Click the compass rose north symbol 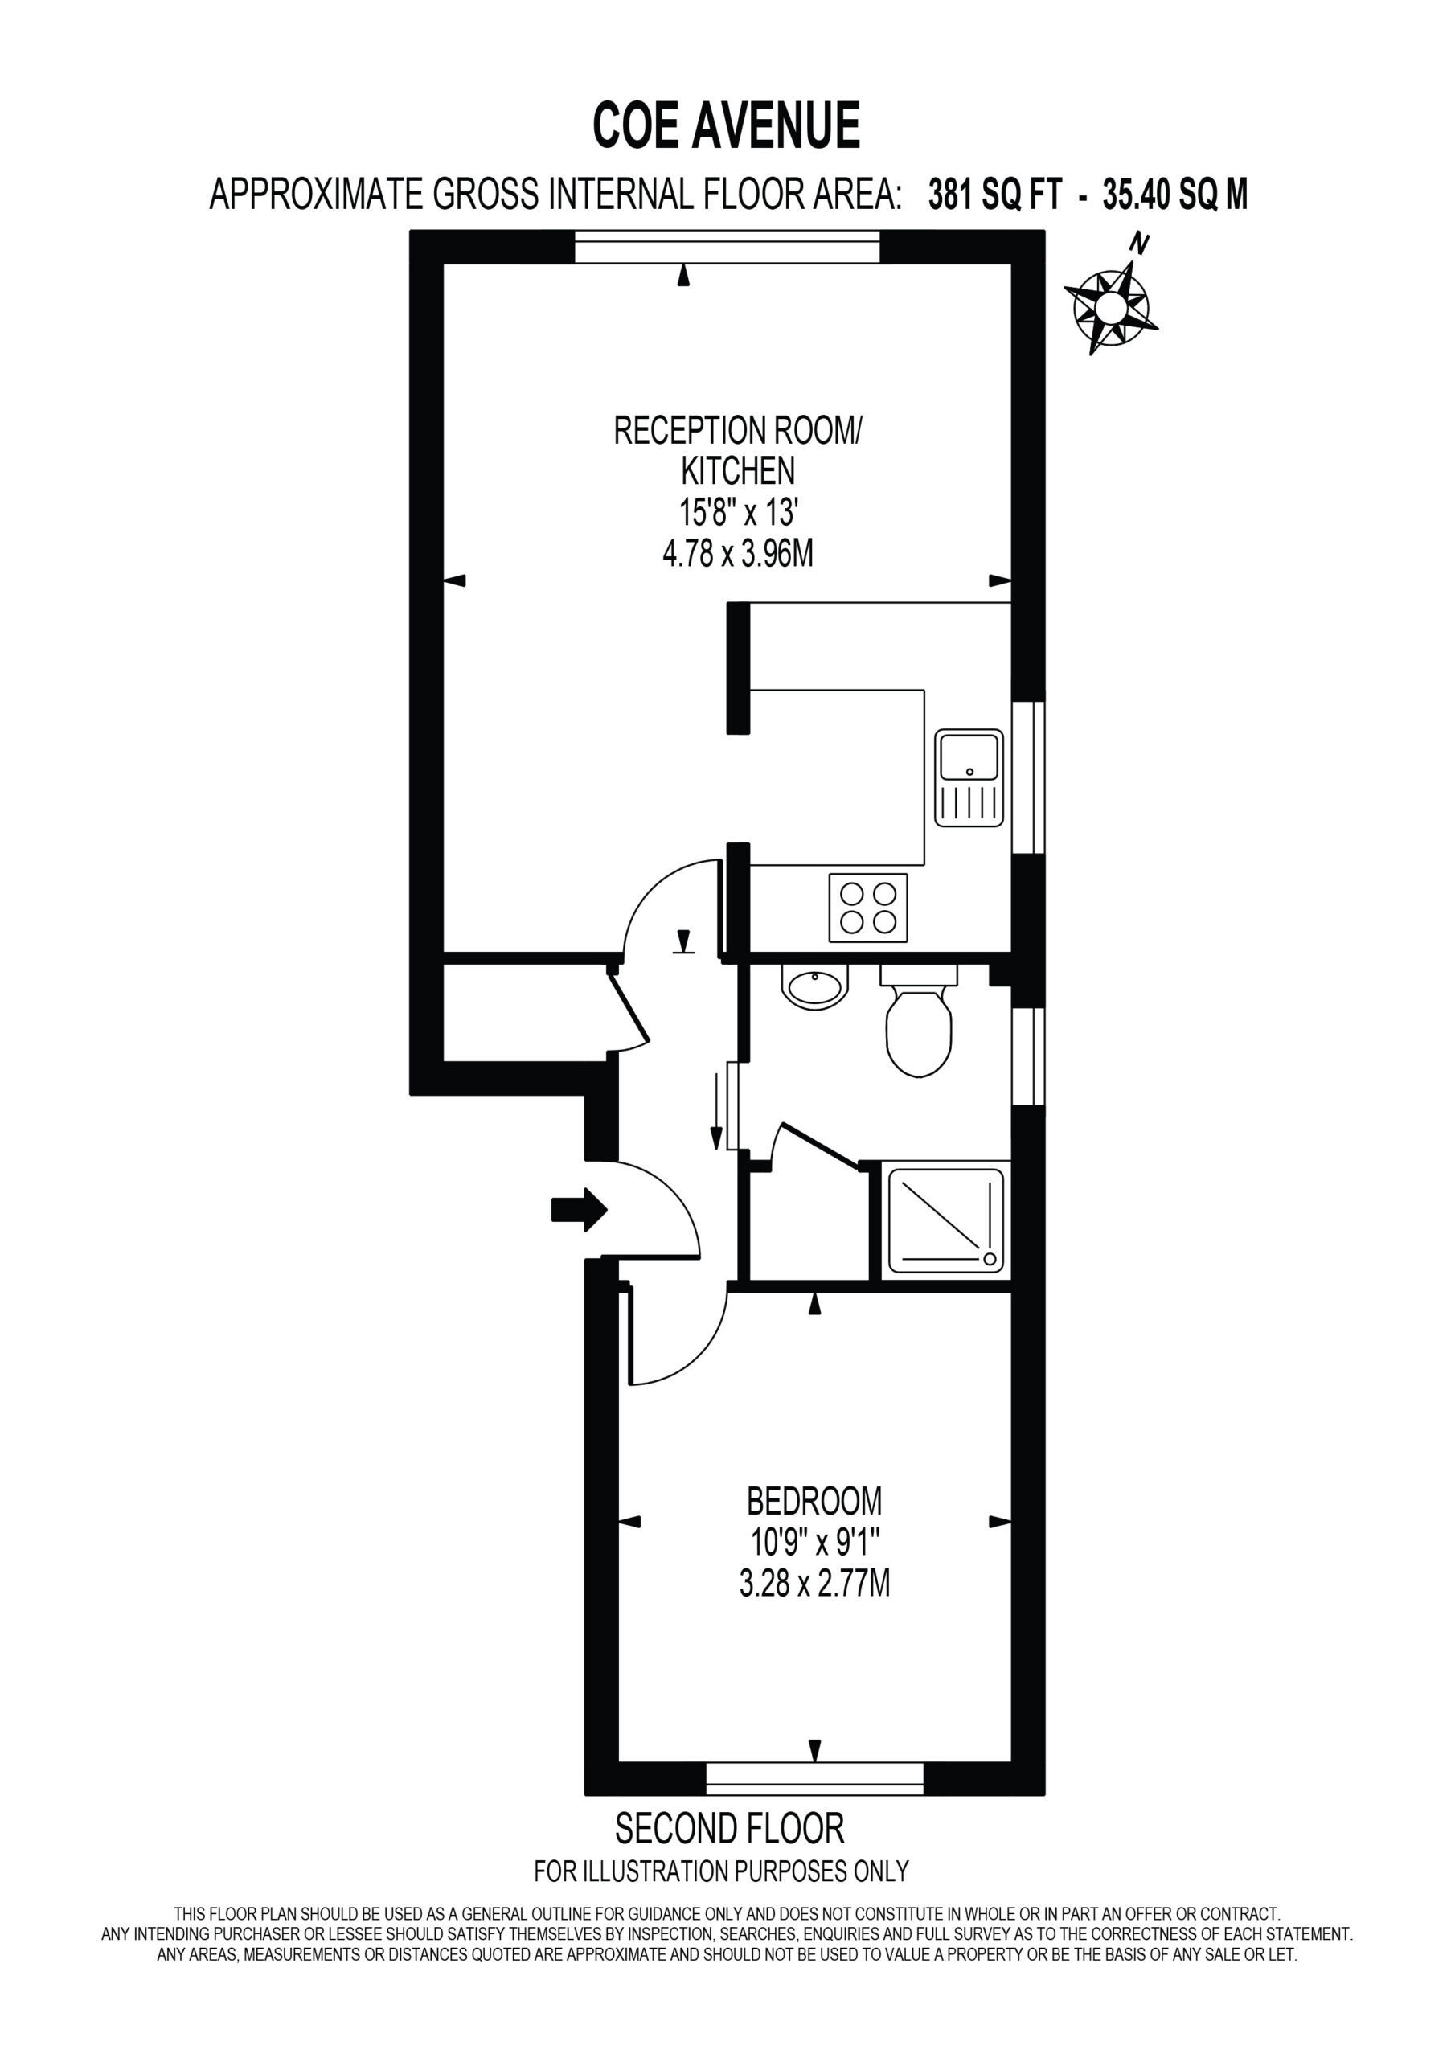pyautogui.click(x=1111, y=296)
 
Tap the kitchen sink pyautogui.click(x=969, y=777)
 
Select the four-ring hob pyautogui.click(x=868, y=907)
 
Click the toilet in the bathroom pyautogui.click(x=919, y=1021)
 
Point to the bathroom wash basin pyautogui.click(x=816, y=987)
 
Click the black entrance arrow pyautogui.click(x=579, y=1210)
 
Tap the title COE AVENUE pyautogui.click(x=727, y=125)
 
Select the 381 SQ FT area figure pyautogui.click(x=995, y=194)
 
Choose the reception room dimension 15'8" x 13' pyautogui.click(x=738, y=514)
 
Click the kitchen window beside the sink pyautogui.click(x=1028, y=778)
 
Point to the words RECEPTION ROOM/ pyautogui.click(x=737, y=431)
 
